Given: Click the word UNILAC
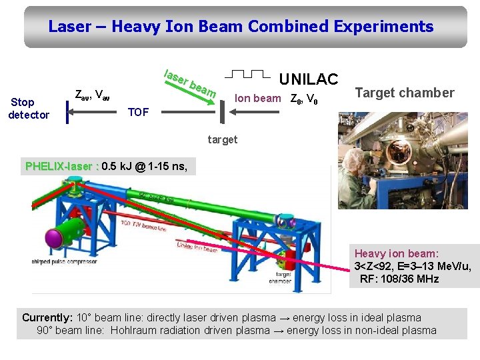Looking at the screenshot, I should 308,79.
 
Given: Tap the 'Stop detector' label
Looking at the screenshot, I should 29,109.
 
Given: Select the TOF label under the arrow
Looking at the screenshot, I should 138,112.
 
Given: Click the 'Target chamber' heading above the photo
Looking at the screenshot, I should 404,93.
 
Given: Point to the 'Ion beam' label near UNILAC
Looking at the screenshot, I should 257,99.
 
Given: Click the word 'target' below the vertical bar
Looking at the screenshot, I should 222,140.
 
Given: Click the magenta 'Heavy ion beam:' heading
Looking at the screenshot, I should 396,253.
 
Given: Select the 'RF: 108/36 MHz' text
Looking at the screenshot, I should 399,279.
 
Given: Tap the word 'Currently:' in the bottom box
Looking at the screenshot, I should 47,317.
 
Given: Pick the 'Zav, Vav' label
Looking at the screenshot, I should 92,95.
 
